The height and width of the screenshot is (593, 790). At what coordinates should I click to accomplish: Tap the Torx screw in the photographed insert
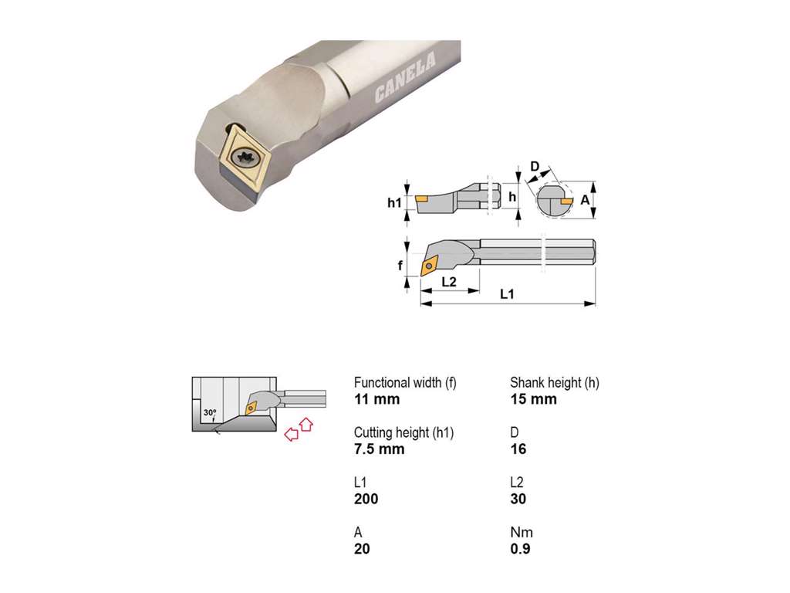pyautogui.click(x=245, y=158)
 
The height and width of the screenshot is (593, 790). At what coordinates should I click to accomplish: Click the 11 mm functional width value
pyautogui.click(x=376, y=399)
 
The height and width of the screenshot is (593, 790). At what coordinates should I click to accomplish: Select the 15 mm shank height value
pyautogui.click(x=534, y=399)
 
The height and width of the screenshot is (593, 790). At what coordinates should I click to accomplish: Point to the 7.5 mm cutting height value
pyautogui.click(x=380, y=449)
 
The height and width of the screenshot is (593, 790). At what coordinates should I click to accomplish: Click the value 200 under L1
pyautogui.click(x=366, y=500)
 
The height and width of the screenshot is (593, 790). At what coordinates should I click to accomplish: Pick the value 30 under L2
pyautogui.click(x=518, y=500)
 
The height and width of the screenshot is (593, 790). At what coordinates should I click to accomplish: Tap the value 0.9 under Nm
pyautogui.click(x=521, y=549)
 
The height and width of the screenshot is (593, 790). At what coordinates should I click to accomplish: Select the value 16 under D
pyautogui.click(x=518, y=449)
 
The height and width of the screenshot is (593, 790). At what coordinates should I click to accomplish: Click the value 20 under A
pyautogui.click(x=363, y=549)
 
